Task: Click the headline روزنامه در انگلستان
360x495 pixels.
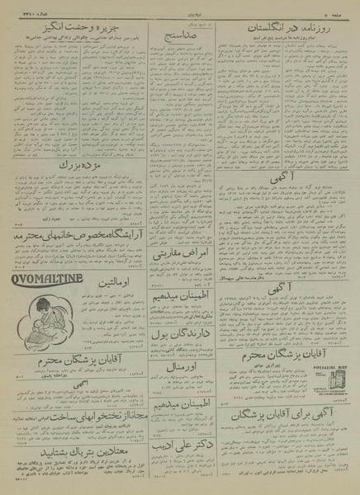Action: tap(284, 29)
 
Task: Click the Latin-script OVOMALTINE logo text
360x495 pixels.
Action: tap(47, 279)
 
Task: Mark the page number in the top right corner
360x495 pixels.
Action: tap(338, 11)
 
